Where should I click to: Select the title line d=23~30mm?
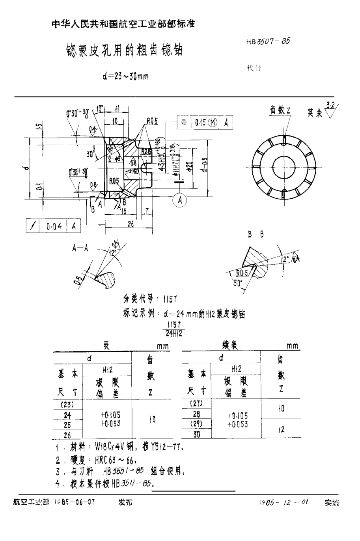point(125,76)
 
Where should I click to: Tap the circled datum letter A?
point(180,200)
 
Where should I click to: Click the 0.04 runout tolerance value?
point(54,226)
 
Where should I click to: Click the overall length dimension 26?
point(131,224)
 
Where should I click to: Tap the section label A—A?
point(80,248)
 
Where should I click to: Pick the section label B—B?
point(256,235)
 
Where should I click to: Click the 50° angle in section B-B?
point(237,282)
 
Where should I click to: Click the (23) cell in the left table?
point(67,404)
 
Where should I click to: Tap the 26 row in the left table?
point(67,435)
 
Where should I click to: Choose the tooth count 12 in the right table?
point(281,430)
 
